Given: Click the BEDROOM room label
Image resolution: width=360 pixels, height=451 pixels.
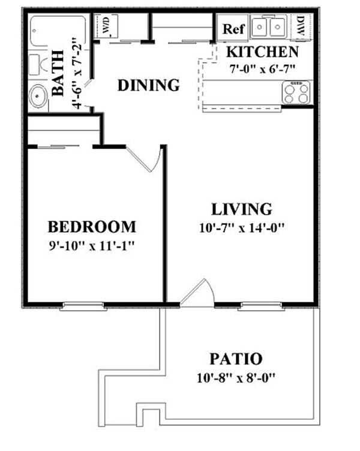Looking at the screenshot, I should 92,227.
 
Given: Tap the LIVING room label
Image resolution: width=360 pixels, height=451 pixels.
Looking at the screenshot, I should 241,209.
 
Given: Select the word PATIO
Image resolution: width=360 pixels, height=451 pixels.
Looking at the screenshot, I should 236,359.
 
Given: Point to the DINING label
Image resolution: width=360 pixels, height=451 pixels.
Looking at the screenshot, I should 148,85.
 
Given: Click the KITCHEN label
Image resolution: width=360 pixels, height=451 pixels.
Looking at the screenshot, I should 262,52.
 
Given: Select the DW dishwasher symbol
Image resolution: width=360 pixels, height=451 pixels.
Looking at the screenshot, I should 300,26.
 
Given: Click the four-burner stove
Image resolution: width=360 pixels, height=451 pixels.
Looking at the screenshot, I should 296,93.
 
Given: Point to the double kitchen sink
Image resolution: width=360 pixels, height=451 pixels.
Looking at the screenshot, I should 268,27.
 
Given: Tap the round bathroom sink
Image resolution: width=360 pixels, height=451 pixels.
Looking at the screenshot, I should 38,96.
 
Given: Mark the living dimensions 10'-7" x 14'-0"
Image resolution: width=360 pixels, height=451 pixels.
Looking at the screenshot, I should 241,227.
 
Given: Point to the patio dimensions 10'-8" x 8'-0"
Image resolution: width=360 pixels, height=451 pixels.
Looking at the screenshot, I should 236,378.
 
